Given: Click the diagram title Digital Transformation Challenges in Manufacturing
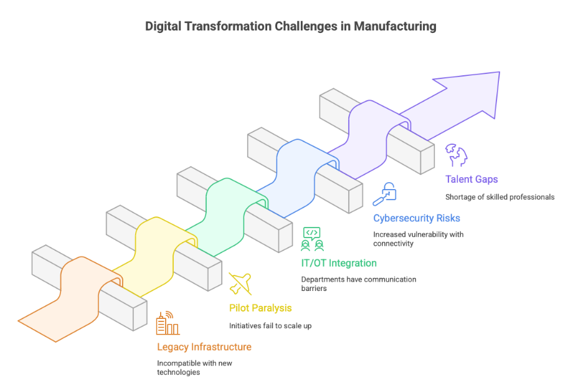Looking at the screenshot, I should (291, 27).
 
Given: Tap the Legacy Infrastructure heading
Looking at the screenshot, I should (204, 347).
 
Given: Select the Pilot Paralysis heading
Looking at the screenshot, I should (260, 308).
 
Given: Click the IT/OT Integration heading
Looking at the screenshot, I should (339, 263).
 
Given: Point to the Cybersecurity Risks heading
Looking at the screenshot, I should (417, 218).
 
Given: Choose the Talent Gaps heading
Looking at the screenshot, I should (472, 179).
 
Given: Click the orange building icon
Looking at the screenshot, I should (167, 324).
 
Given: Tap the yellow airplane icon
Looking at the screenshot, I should (240, 284).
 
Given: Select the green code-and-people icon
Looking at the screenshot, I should (311, 238).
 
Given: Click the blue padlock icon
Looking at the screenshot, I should (384, 194).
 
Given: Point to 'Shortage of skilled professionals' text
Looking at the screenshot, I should (500, 197).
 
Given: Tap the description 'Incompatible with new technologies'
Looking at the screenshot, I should (195, 367).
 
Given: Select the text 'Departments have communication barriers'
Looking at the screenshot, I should (358, 284).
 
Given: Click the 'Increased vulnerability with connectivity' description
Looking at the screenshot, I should (418, 239).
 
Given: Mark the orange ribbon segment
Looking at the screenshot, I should (69, 298).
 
